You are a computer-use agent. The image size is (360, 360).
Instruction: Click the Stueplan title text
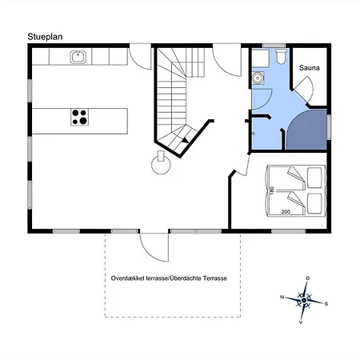(45, 37)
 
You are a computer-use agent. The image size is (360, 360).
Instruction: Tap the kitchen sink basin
(78, 57)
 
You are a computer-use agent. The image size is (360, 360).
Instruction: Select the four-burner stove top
(80, 117)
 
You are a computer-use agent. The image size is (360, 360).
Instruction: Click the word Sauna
(309, 68)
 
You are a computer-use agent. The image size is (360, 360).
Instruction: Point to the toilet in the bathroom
(281, 56)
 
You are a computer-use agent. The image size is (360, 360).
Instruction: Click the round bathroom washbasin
(258, 78)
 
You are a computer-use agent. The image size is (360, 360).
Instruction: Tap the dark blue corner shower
(306, 130)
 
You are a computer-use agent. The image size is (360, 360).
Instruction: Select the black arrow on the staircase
(186, 139)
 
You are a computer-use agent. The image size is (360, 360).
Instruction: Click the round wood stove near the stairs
(161, 163)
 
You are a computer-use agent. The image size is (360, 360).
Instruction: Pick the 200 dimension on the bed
(286, 212)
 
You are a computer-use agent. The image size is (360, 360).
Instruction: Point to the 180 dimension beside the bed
(272, 190)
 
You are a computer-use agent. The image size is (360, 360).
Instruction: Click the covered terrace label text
(169, 278)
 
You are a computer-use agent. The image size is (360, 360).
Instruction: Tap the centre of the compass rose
(304, 301)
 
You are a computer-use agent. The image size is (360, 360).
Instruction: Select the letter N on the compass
(282, 297)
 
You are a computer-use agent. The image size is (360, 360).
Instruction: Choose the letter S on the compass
(326, 304)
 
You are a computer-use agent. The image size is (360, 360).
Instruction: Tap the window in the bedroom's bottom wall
(288, 231)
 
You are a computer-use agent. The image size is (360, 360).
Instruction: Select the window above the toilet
(274, 46)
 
